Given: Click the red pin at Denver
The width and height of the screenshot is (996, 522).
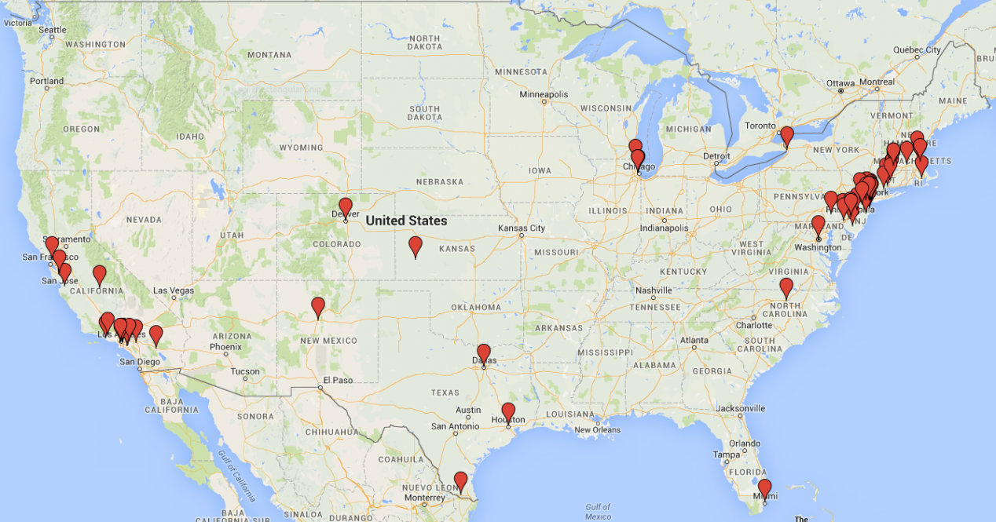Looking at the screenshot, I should tap(345, 207).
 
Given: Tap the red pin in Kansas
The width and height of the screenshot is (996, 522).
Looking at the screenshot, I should tap(416, 246).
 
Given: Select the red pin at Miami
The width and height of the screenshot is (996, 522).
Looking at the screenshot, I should tap(764, 488).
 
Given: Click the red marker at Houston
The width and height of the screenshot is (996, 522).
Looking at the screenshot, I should tap(508, 412).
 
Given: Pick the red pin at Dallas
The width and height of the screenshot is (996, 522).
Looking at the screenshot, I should tap(484, 353).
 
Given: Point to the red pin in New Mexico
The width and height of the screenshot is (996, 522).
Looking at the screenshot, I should tap(318, 306).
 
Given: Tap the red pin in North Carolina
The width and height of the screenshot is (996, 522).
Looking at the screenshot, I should tap(786, 287).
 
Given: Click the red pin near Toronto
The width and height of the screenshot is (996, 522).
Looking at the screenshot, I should tap(786, 136).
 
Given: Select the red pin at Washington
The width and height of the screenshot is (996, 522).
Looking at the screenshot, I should tap(818, 225).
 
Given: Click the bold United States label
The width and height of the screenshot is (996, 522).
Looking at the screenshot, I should tap(406, 221).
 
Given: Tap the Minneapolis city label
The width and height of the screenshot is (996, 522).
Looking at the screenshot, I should tap(543, 94).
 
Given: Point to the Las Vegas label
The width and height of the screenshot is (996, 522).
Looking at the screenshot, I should tap(173, 290).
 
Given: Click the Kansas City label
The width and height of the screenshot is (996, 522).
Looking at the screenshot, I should tap(521, 228).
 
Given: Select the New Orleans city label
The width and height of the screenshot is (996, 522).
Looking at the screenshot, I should tap(597, 430).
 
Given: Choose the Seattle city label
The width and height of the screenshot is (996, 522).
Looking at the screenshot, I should tap(53, 30).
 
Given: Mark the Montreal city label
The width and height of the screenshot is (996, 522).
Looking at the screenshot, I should tap(877, 82).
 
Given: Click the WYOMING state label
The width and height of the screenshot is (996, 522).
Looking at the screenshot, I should tap(301, 148).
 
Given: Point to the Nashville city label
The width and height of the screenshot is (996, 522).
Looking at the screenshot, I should tap(654, 290).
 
